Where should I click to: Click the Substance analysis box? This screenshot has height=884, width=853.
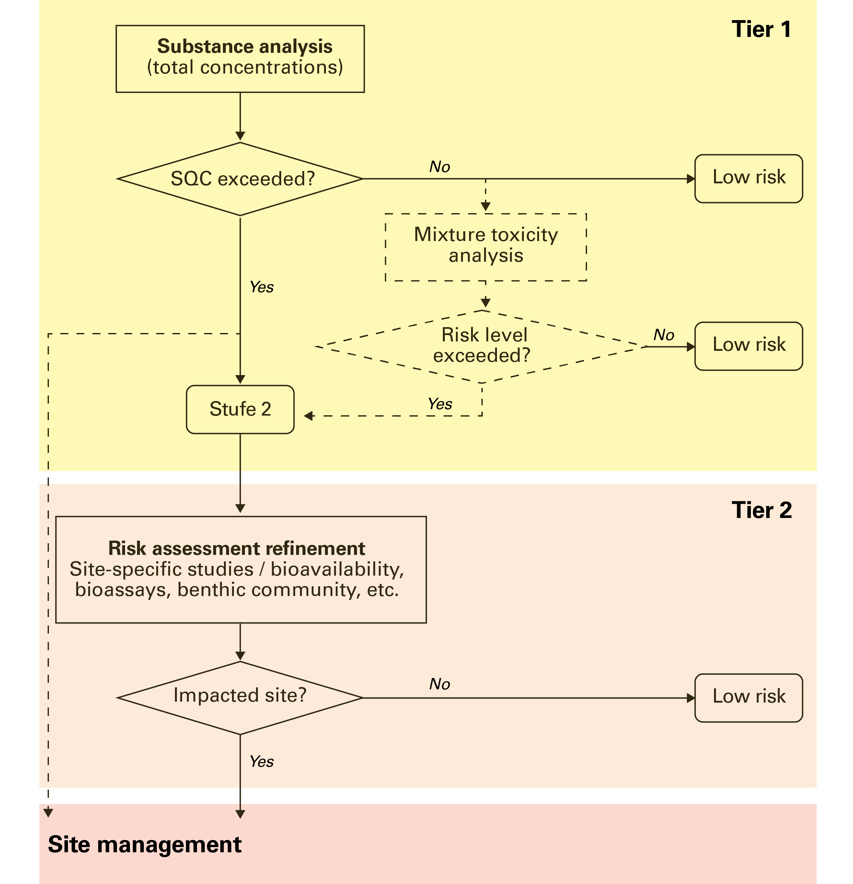tap(240, 59)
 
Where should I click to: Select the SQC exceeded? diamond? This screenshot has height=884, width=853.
tap(240, 179)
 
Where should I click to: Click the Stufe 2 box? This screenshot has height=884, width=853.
tap(240, 409)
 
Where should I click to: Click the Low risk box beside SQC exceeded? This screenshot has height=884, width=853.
tap(748, 178)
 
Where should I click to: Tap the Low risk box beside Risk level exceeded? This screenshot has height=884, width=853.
tap(748, 346)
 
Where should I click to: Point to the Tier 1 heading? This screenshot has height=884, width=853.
tap(761, 30)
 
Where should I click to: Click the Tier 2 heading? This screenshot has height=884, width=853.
tap(761, 511)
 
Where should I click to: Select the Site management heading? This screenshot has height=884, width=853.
tap(145, 845)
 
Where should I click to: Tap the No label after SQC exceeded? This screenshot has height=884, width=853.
tap(439, 167)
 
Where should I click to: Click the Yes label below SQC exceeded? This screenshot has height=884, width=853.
tap(262, 287)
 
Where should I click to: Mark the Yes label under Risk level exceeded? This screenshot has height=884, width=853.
tap(440, 404)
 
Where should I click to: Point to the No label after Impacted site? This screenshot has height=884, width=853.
tap(439, 684)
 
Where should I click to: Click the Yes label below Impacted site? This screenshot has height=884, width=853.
tap(262, 762)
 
